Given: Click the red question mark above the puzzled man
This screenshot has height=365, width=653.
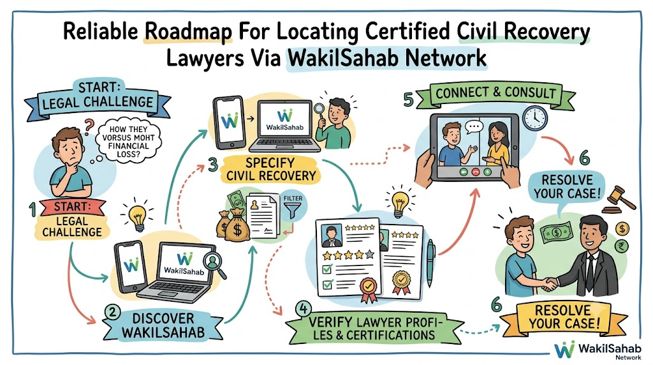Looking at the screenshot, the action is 89,126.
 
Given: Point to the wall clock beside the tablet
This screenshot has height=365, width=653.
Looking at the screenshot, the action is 535,118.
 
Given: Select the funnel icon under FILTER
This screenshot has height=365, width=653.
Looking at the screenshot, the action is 292,211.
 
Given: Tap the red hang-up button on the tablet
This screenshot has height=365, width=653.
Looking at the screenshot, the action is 475,172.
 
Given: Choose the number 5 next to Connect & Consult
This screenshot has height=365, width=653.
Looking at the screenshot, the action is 409,100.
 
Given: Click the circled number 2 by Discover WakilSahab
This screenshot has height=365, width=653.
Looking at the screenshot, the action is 112,313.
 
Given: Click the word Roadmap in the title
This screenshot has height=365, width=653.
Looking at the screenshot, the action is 188,32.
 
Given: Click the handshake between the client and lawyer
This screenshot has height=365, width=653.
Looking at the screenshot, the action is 550,284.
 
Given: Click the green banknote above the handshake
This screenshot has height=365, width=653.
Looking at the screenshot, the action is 557,232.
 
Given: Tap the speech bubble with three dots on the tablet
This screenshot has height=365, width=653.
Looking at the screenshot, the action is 473,127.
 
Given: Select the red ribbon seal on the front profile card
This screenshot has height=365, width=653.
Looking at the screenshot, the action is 369,290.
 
